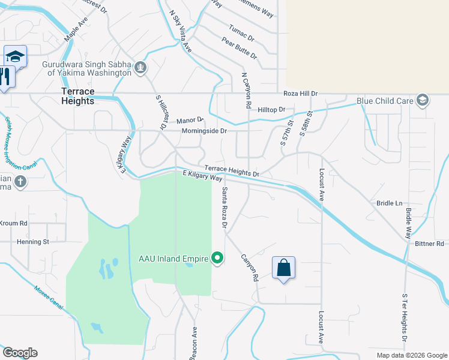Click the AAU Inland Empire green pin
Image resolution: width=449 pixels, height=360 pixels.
pos(217,259)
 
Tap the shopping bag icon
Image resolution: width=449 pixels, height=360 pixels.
pos(283,268)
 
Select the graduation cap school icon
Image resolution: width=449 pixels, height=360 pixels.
pos(15,57)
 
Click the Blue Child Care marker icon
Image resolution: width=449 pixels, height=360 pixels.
pos(423,100)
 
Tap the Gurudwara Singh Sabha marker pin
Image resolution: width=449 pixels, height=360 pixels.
pos(140,67)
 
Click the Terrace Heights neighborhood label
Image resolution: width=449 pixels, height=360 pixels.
pos(78,96)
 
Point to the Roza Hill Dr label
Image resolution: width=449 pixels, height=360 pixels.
pos(300,94)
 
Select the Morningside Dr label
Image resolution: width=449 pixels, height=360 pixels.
pos(205,130)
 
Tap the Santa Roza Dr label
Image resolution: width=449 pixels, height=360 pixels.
pos(224,208)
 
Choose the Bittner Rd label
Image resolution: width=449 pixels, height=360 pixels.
pos(429,244)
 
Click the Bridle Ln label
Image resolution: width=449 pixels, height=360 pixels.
pos(390,203)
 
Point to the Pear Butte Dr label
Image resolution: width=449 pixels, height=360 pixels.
pos(239,48)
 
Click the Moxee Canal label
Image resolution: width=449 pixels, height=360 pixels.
pos(49,294)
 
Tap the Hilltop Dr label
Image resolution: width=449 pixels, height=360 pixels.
pos(271,110)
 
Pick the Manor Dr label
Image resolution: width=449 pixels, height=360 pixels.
pos(191,121)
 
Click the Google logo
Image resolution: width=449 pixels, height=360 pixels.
pos(20,353)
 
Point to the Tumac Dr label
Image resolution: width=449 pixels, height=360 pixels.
pos(241,32)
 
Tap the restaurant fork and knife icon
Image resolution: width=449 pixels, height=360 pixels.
pos(5,76)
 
